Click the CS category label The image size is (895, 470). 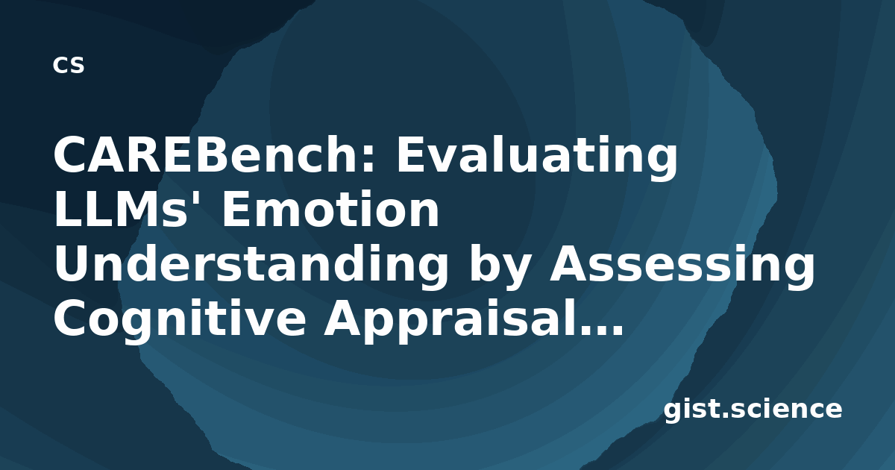point(69,66)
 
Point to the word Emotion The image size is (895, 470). point(331,210)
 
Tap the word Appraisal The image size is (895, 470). point(453,320)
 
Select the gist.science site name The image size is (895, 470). point(753,410)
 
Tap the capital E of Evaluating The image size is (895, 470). point(411,154)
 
